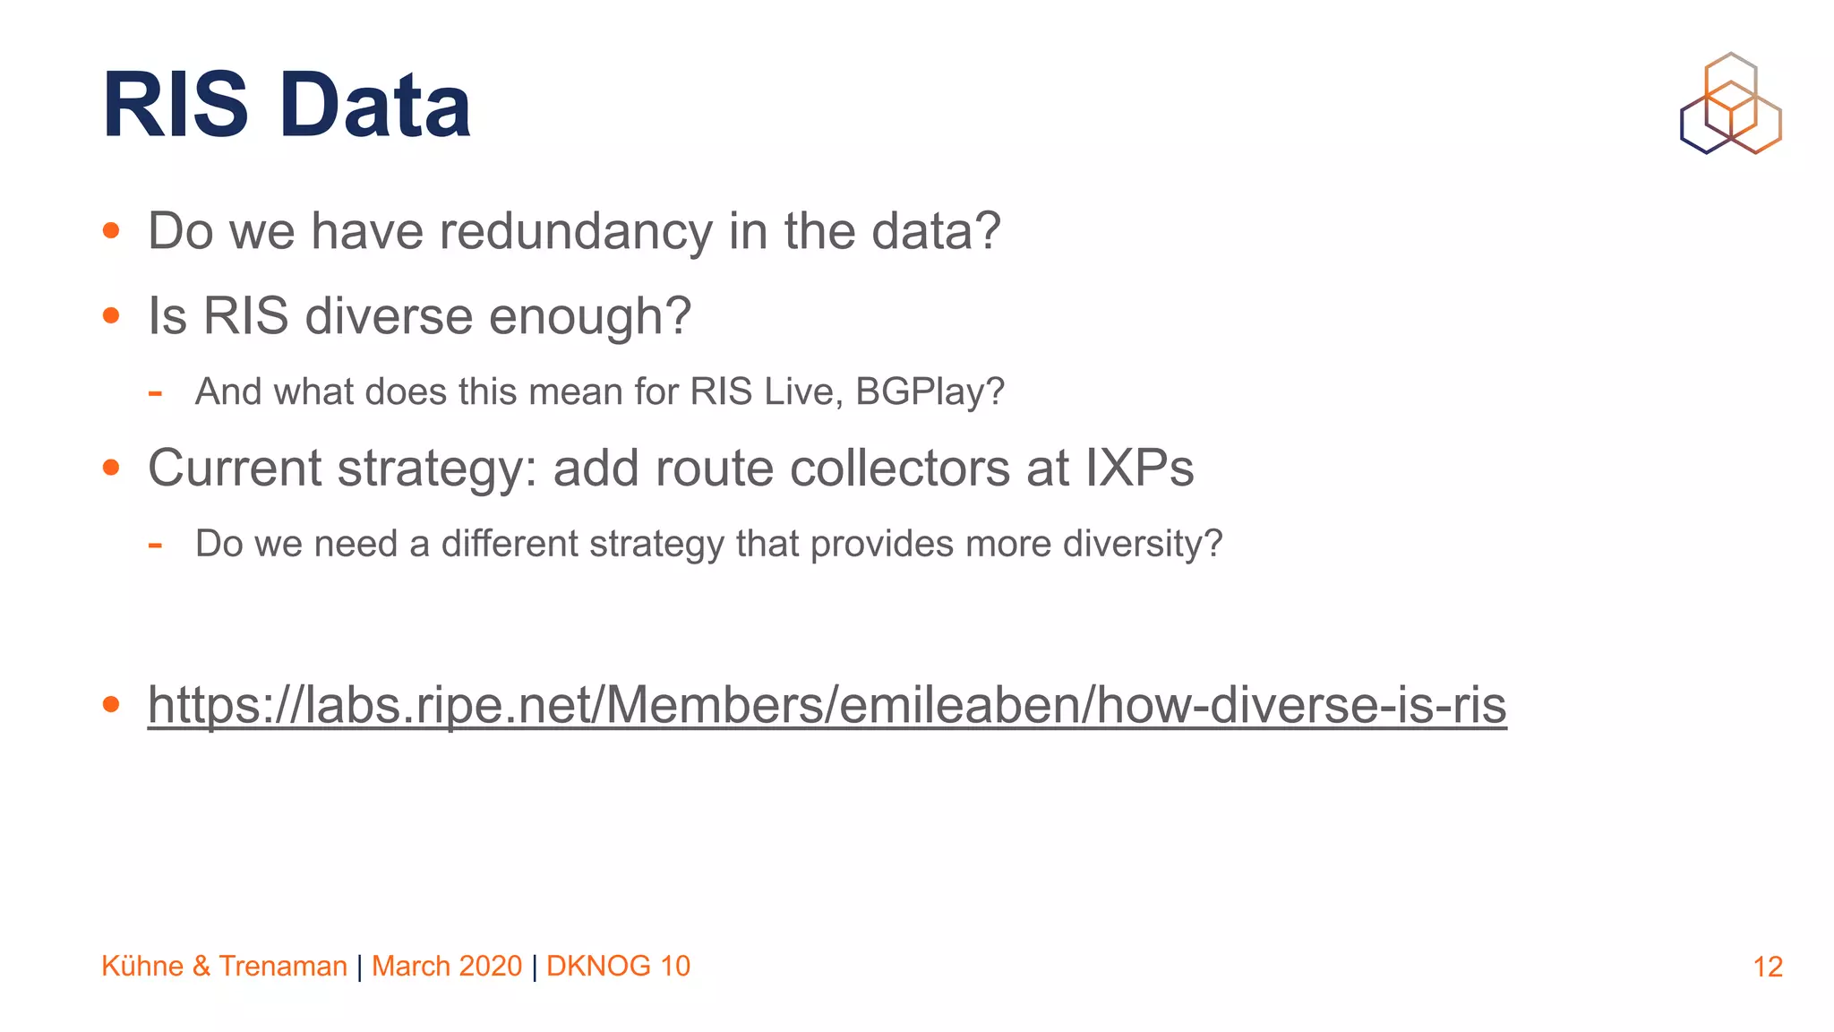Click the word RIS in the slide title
pyautogui.click(x=176, y=106)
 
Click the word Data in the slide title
pyautogui.click(x=375, y=106)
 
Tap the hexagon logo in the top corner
pyautogui.click(x=1730, y=103)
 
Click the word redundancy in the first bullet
pyautogui.click(x=575, y=231)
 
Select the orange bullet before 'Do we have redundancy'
pyautogui.click(x=111, y=231)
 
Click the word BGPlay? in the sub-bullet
pyautogui.click(x=930, y=391)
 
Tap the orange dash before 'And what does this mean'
pyautogui.click(x=155, y=392)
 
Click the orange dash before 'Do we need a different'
pyautogui.click(x=155, y=544)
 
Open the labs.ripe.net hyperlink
pyautogui.click(x=827, y=705)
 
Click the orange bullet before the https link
pyautogui.click(x=111, y=705)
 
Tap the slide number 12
pyautogui.click(x=1767, y=967)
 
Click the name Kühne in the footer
pyautogui.click(x=142, y=966)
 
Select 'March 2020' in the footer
pyautogui.click(x=446, y=966)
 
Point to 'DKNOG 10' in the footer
pyautogui.click(x=618, y=966)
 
